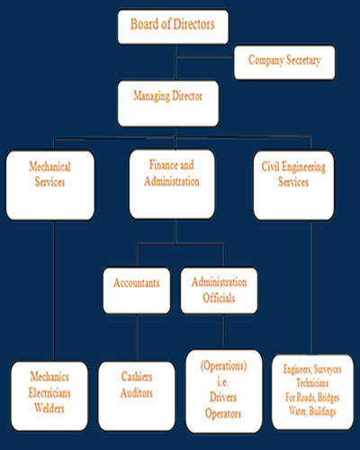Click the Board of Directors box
pyautogui.click(x=173, y=27)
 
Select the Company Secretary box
pyautogui.click(x=284, y=62)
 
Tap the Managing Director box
pyautogui.click(x=168, y=103)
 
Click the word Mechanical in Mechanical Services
pyautogui.click(x=49, y=166)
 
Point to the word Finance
pyautogui.click(x=161, y=165)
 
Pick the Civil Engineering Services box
pyautogui.click(x=293, y=185)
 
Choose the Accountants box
pyautogui.click(x=137, y=291)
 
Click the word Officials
pyautogui.click(x=219, y=298)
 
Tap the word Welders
pyautogui.click(x=49, y=408)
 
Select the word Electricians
pyautogui.click(x=49, y=392)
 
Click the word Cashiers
pyautogui.click(x=137, y=376)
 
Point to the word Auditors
pyautogui.click(x=137, y=392)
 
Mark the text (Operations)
pyautogui.click(x=223, y=366)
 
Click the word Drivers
pyautogui.click(x=223, y=397)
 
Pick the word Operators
pyautogui.click(x=223, y=414)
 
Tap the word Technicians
pyautogui.click(x=312, y=383)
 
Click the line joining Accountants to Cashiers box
pyautogui.click(x=137, y=337)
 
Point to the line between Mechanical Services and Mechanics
pyautogui.click(x=54, y=291)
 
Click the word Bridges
pyautogui.click(x=328, y=398)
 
